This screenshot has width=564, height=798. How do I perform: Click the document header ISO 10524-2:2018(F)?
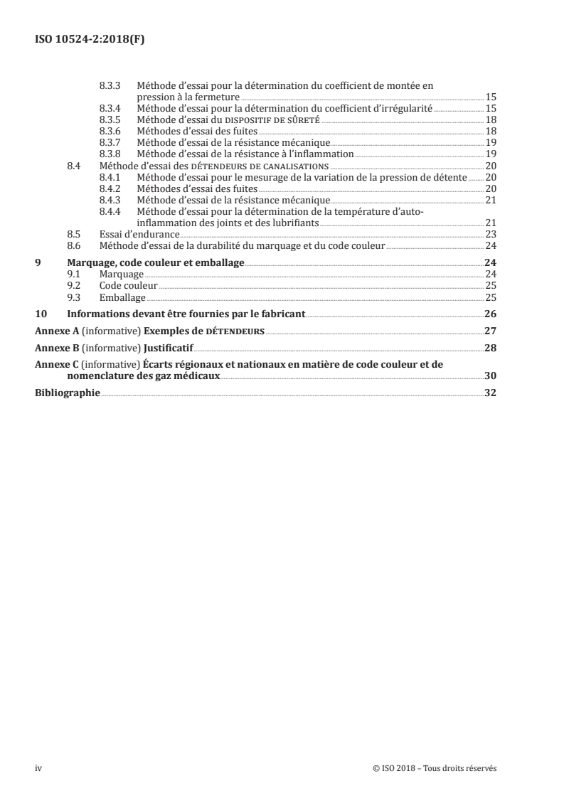[90, 40]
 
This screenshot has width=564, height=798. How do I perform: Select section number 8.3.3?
[110, 85]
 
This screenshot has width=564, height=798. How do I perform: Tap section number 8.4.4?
[110, 212]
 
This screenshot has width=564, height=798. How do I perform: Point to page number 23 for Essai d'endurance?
[490, 233]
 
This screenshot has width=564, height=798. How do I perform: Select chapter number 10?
[41, 314]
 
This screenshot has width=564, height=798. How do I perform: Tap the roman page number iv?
[38, 768]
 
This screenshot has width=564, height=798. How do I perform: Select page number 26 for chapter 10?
[490, 314]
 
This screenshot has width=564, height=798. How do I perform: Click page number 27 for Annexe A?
[490, 331]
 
